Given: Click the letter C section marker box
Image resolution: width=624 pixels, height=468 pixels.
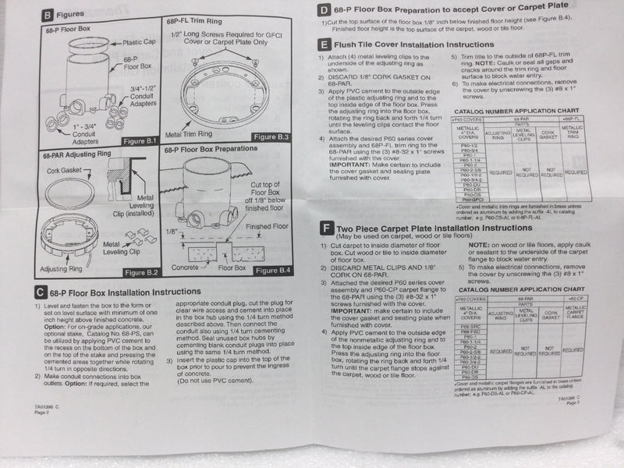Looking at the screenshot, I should pyautogui.click(x=40, y=292).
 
